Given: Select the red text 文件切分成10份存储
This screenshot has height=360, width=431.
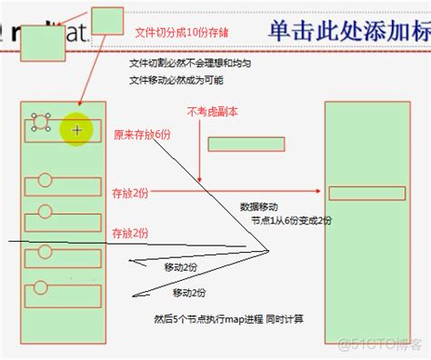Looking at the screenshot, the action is point(180,31).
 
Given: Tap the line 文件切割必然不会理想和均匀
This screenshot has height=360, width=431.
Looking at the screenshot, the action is point(190,65).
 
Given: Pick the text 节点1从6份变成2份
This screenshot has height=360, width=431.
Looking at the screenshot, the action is point(292,220).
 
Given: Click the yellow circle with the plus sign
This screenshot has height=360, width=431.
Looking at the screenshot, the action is point(77,130).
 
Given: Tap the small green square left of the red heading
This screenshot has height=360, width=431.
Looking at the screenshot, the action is point(108,18).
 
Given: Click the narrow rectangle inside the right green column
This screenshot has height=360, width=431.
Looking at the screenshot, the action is point(366,193).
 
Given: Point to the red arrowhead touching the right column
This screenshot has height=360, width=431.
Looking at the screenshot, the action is point(319,192).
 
